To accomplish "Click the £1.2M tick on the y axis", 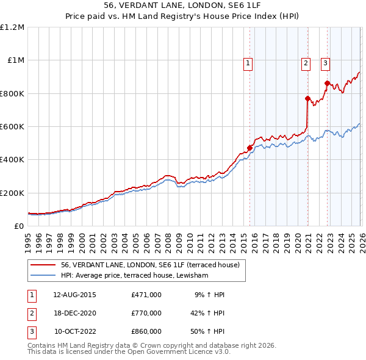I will click(x=13, y=27).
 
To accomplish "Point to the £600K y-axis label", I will click(x=13, y=127).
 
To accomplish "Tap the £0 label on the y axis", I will click(x=18, y=226).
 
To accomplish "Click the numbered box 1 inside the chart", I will click(x=249, y=62).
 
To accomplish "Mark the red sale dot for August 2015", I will click(x=249, y=148).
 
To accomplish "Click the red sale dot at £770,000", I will click(x=307, y=98).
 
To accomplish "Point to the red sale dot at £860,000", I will click(x=327, y=84).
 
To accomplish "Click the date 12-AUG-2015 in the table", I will click(x=74, y=295).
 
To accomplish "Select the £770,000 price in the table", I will click(x=146, y=313).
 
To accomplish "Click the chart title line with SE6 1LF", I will click(x=183, y=7).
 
